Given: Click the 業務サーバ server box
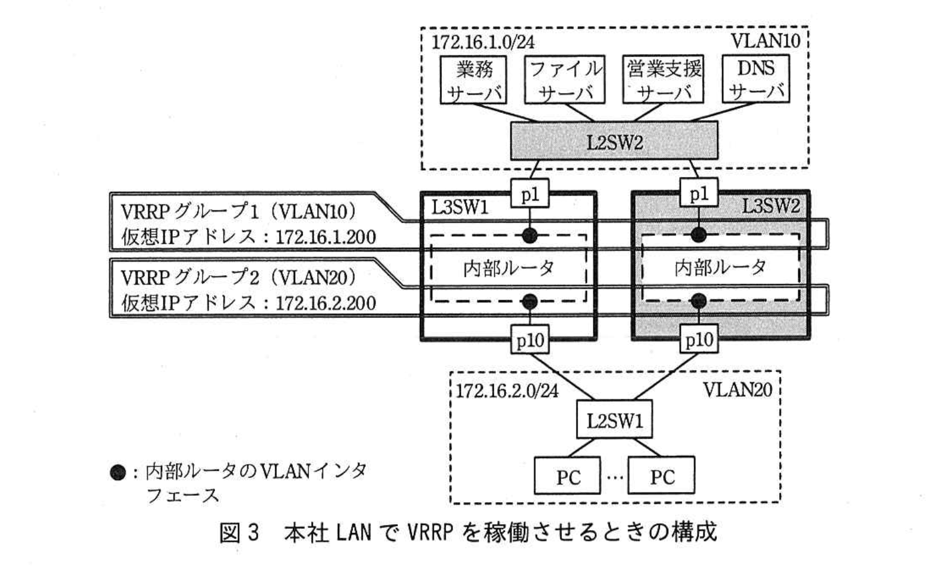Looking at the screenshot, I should point(473,80).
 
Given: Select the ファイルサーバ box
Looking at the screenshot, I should point(565,80).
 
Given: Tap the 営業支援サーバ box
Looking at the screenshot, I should point(663,80).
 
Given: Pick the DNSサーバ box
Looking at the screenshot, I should point(756,80).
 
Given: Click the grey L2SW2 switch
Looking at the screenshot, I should point(614,141).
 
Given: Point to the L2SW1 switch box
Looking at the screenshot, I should point(614,421).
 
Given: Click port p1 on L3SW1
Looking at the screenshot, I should point(529,195).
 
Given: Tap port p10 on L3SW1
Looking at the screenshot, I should point(529,340).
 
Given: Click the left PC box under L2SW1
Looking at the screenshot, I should point(567,476).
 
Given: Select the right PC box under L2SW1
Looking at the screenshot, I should point(661,476).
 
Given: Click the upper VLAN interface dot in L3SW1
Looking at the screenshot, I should point(529,235).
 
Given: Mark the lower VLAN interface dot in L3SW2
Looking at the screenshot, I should point(699,301).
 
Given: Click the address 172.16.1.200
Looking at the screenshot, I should point(326,238).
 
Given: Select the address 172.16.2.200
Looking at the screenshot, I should point(326,304).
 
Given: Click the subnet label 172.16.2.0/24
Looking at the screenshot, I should point(507,390).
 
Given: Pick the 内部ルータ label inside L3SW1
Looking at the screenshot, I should point(508,269).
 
